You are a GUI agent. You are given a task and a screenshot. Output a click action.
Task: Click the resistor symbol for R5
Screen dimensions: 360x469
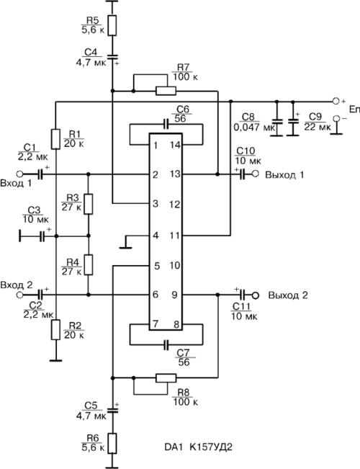(112, 26)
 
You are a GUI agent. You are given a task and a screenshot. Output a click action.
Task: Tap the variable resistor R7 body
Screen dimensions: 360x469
(166, 91)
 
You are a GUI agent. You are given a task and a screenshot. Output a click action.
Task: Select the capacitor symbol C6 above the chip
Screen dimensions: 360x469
(166, 124)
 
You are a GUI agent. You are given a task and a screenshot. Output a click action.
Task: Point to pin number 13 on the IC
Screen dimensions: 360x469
(176, 174)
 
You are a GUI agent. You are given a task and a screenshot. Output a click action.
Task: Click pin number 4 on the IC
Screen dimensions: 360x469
(156, 236)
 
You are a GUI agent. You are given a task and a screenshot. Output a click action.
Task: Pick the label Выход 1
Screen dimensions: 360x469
(284, 174)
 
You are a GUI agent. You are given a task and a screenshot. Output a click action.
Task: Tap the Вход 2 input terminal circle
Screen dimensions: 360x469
(19, 295)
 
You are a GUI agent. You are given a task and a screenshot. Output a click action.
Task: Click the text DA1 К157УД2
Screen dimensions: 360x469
(198, 447)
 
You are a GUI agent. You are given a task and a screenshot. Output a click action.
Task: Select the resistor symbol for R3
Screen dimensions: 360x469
(89, 204)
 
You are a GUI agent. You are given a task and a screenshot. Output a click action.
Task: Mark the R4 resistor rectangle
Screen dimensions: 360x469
(89, 264)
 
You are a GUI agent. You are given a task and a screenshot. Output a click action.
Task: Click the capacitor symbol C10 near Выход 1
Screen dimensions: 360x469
(242, 174)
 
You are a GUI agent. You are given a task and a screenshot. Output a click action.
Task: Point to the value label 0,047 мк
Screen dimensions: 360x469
(253, 128)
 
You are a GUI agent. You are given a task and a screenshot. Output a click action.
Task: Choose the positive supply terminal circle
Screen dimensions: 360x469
(336, 101)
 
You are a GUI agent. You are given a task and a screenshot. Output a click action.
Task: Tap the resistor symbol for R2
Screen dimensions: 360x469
(55, 329)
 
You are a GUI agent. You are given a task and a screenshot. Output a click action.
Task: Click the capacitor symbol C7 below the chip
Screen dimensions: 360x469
(166, 344)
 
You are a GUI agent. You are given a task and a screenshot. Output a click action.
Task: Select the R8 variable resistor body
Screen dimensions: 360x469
(166, 378)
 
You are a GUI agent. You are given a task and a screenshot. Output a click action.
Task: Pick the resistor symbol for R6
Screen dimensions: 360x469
(112, 443)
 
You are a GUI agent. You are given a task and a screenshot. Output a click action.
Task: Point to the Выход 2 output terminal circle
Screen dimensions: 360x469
(255, 295)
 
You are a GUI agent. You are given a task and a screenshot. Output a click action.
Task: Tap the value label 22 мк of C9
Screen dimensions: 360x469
(318, 127)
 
